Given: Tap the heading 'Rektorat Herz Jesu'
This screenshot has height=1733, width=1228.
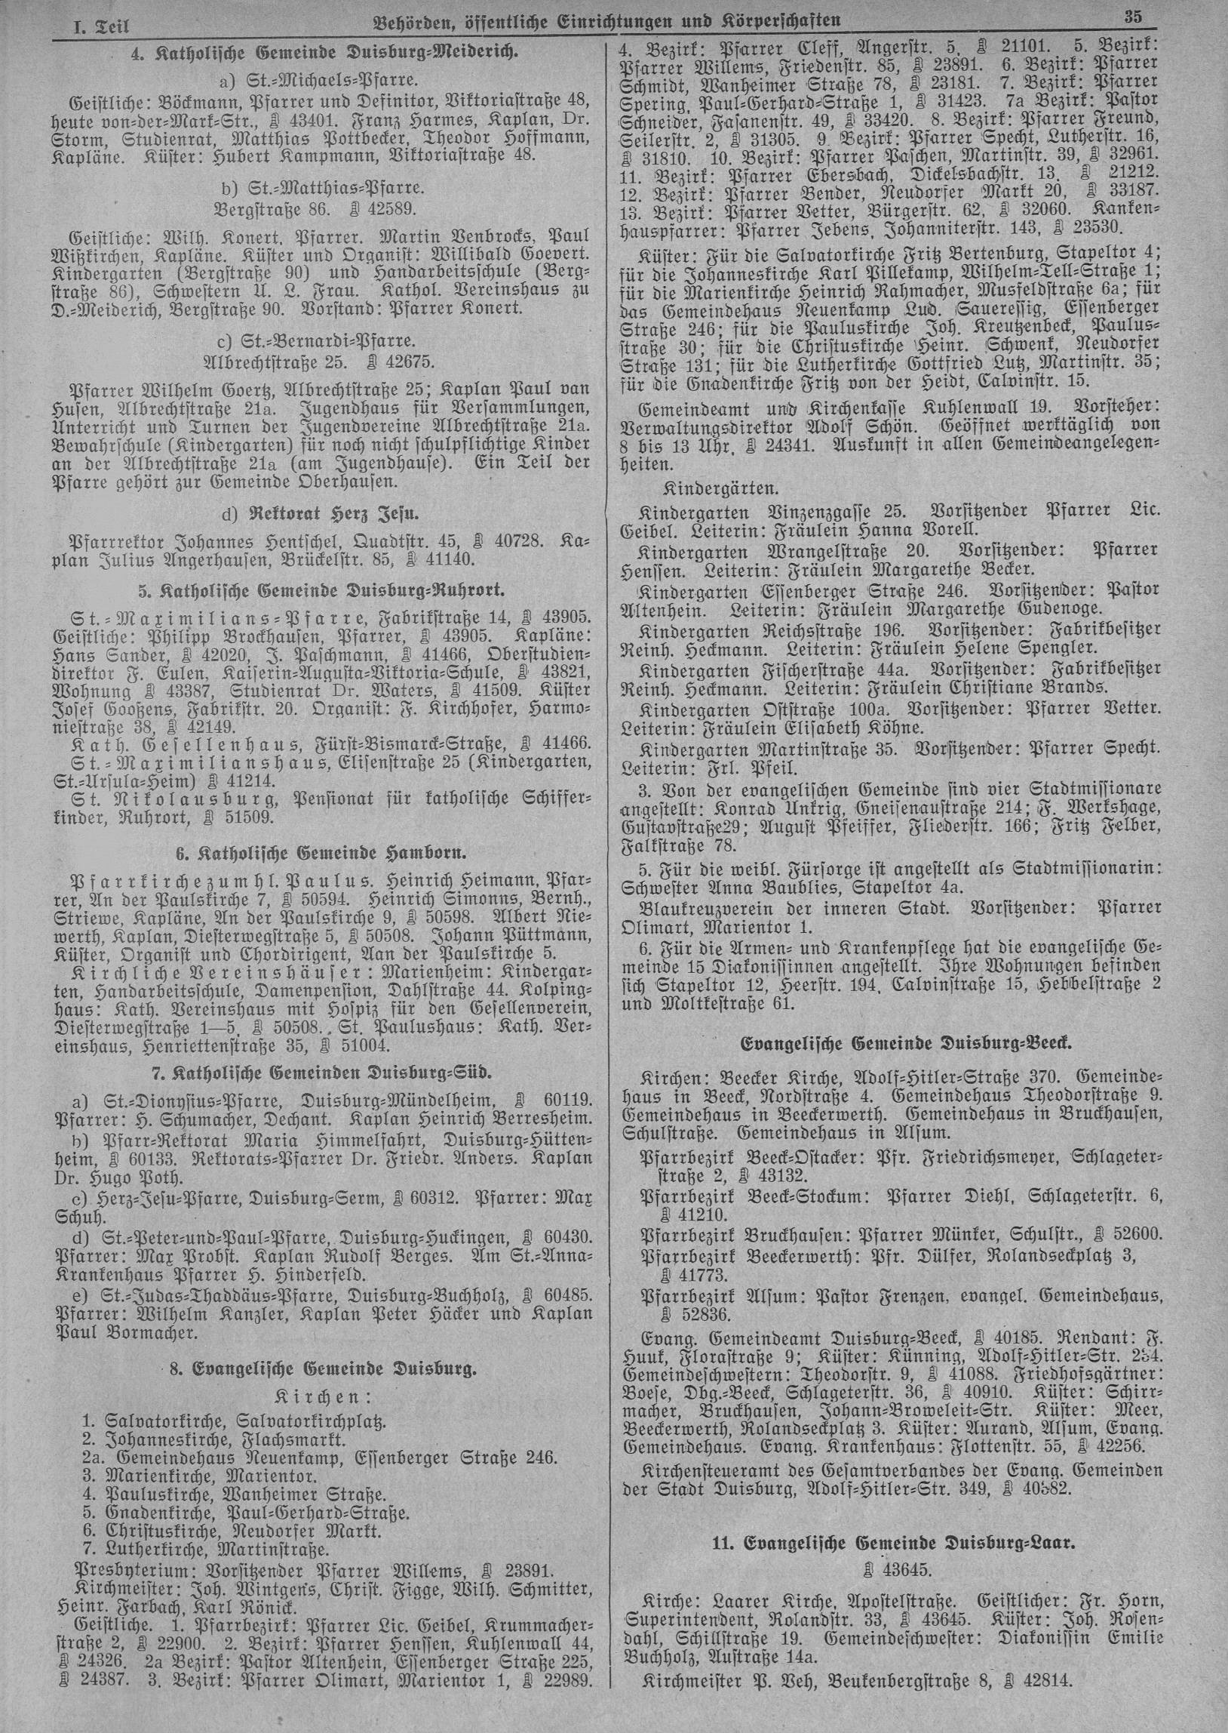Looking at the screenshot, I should coord(332,514).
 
